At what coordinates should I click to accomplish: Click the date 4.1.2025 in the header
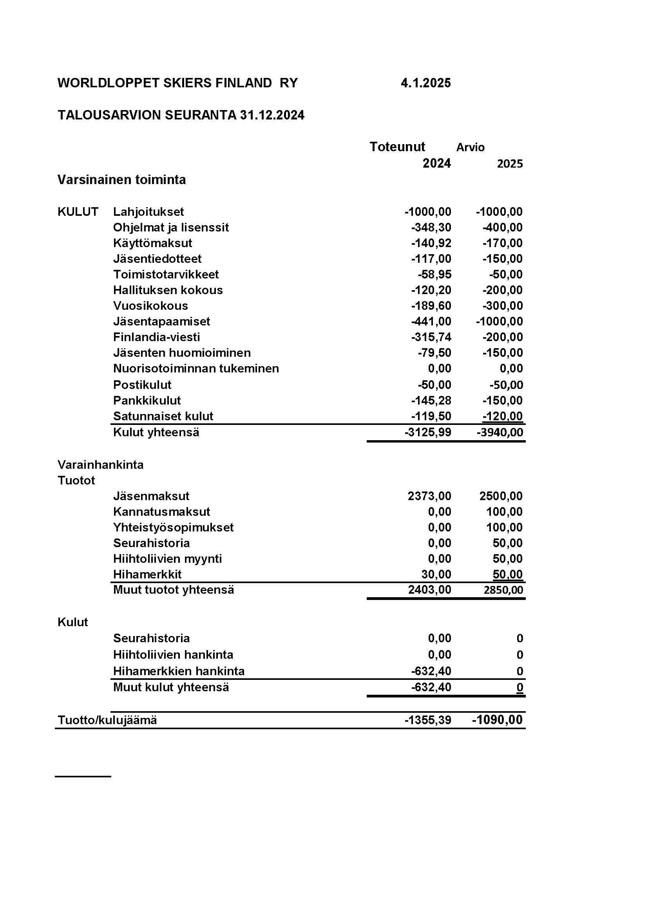tap(425, 83)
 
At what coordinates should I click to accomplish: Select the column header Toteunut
tap(397, 147)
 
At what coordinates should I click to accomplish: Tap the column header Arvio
tap(470, 147)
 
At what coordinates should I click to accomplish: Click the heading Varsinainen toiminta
tap(121, 179)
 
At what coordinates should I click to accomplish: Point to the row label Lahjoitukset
tap(148, 211)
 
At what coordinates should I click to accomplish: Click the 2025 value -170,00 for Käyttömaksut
tap(502, 243)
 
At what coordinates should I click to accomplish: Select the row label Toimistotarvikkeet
tap(166, 275)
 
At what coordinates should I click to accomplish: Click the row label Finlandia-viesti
tap(156, 337)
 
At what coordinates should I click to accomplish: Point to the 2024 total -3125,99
tap(428, 432)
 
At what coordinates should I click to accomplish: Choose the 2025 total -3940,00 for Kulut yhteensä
tap(500, 432)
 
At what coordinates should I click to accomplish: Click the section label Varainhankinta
tap(101, 464)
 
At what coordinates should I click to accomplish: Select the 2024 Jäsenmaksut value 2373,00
tap(429, 496)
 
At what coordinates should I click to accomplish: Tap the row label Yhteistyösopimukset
tap(173, 528)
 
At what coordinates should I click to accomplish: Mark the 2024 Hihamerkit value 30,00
tap(436, 574)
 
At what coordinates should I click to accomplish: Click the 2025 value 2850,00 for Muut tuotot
tap(503, 590)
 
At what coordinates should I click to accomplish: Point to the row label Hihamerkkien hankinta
tap(179, 671)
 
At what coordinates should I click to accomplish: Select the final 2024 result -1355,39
tap(428, 720)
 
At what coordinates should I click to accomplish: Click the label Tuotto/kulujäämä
tap(107, 720)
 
